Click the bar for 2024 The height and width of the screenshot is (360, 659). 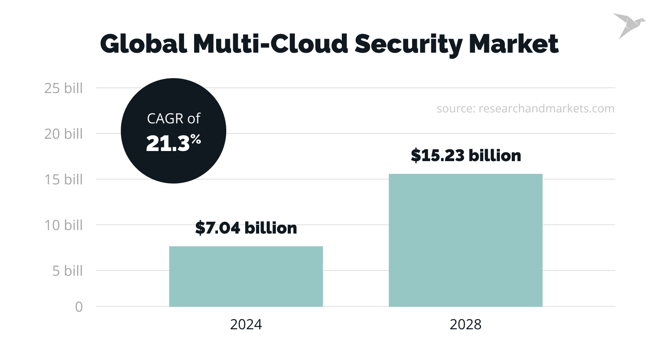(246, 277)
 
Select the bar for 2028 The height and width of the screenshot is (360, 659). (466, 240)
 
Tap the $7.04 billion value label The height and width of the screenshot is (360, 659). (246, 228)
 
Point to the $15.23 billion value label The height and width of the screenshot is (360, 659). (466, 155)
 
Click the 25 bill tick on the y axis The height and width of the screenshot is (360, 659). (63, 88)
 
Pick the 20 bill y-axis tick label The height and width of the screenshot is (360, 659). (63, 134)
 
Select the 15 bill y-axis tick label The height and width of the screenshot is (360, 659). (63, 180)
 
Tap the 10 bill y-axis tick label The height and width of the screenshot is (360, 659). (63, 225)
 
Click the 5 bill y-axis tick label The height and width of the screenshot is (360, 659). (67, 271)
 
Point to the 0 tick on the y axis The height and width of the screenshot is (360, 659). (79, 307)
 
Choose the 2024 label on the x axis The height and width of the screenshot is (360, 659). (246, 324)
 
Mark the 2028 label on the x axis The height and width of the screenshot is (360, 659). (466, 324)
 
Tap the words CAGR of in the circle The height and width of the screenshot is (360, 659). (174, 119)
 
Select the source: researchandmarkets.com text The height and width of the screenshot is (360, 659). (525, 108)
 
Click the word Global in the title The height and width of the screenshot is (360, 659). (143, 44)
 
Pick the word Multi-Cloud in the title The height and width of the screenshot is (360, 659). (271, 44)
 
